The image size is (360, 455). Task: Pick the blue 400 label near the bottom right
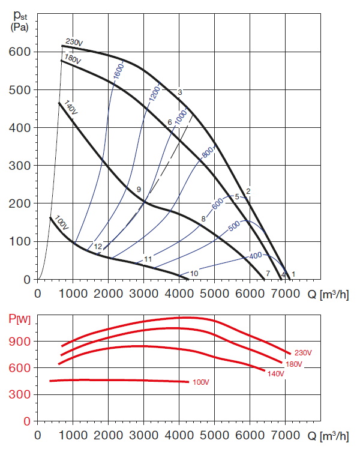point(256,256)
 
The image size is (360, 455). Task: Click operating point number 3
point(179,92)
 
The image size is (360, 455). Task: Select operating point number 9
point(139,190)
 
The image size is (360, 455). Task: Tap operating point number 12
point(97,247)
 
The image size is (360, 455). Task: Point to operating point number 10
point(194,274)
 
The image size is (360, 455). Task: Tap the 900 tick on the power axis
point(22,341)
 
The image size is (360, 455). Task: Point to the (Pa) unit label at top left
point(20,28)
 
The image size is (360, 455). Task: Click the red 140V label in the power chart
point(275,373)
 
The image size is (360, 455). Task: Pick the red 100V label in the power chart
point(201,382)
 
